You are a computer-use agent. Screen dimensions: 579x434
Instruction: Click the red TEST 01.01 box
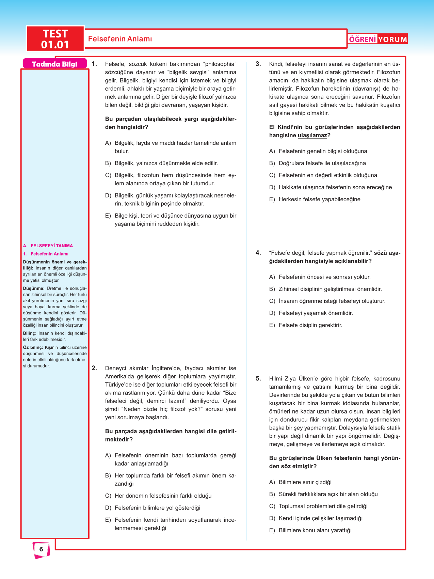click(55, 39)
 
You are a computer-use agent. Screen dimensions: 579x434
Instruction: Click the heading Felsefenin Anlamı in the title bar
click(120, 39)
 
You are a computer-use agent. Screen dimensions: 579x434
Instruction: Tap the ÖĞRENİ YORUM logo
click(378, 39)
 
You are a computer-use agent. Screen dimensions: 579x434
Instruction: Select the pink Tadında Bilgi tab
click(54, 64)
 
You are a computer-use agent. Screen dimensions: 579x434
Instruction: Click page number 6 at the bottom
click(41, 549)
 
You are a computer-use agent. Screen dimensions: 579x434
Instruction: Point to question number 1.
click(94, 64)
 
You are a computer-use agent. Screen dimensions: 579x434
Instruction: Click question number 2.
click(94, 368)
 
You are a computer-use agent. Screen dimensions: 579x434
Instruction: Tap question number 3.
click(258, 64)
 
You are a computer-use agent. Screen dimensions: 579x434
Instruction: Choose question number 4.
click(258, 253)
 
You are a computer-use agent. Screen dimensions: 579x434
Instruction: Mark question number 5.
click(258, 379)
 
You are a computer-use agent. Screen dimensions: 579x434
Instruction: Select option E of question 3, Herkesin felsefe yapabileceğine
click(319, 199)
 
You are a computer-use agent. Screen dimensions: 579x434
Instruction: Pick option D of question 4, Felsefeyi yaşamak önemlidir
click(316, 313)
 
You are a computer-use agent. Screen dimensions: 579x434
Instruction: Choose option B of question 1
click(166, 163)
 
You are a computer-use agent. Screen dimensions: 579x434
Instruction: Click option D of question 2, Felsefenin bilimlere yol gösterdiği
click(157, 508)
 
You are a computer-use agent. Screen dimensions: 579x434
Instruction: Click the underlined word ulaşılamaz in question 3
click(312, 136)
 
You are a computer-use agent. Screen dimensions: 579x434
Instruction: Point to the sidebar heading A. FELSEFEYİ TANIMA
click(48, 246)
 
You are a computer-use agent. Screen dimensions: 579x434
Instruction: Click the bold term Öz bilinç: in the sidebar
click(33, 347)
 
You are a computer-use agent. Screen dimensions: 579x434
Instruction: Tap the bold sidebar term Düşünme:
click(34, 288)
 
